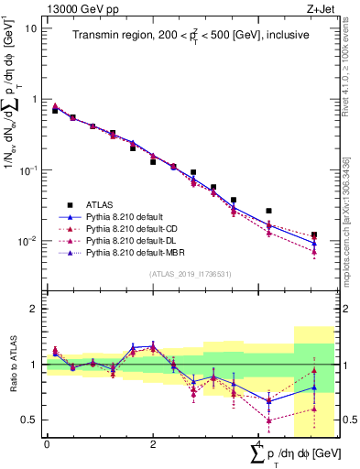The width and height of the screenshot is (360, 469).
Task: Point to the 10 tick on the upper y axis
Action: [x=31, y=27]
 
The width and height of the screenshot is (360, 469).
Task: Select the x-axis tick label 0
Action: [x=46, y=445]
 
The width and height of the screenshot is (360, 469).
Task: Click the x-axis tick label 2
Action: [x=152, y=445]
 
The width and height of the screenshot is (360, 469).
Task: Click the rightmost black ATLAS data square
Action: [x=314, y=235]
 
